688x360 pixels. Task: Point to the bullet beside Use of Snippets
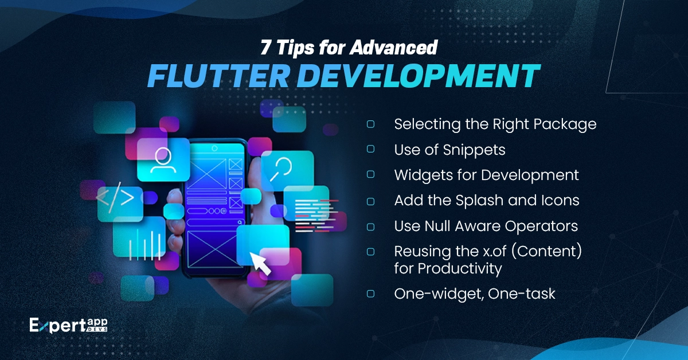click(370, 149)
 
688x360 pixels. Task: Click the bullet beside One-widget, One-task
click(370, 293)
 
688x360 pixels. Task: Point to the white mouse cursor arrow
click(261, 264)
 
